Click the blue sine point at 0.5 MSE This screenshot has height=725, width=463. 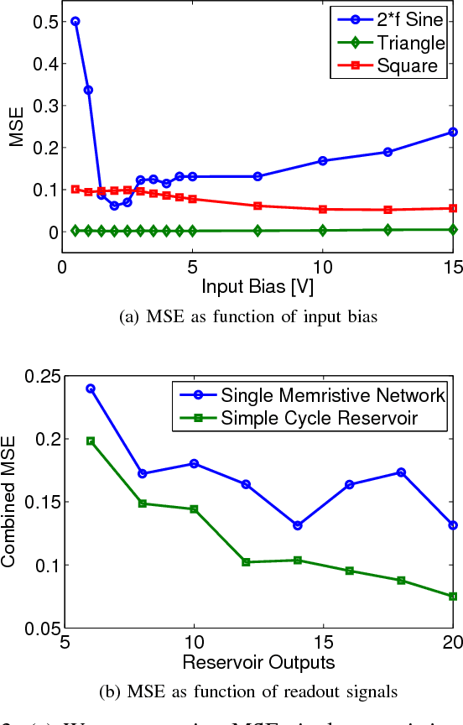click(75, 21)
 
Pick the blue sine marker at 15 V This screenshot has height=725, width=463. click(453, 132)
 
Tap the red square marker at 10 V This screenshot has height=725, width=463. click(323, 209)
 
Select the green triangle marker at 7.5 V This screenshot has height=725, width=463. click(258, 230)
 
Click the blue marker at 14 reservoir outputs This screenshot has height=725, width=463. click(298, 525)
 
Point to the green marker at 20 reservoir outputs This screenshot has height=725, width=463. click(453, 596)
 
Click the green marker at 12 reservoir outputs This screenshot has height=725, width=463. click(246, 561)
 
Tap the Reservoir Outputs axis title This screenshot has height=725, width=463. click(258, 663)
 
